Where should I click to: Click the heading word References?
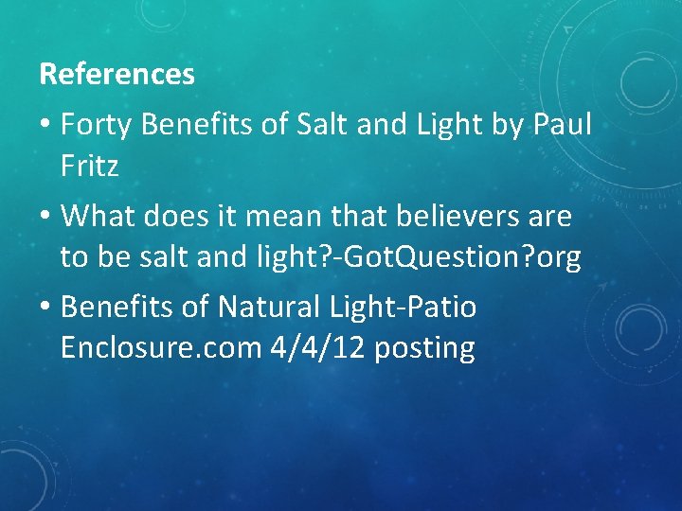coord(117,74)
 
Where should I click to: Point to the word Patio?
coord(442,307)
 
